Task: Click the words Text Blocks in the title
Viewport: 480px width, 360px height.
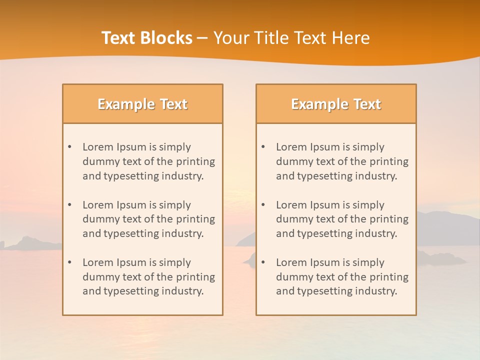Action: coord(146,38)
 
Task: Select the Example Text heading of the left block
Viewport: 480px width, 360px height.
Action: coord(142,104)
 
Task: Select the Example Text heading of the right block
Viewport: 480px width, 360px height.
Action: coord(336,104)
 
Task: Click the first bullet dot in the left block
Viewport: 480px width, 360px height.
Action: coord(69,147)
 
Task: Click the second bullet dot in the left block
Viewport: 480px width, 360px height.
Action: coord(69,205)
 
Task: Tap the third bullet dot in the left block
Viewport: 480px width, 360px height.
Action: coord(69,262)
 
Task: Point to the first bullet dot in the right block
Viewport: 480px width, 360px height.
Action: coord(263,147)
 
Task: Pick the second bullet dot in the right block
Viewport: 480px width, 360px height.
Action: coord(263,205)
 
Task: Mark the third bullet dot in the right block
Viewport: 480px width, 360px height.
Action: coord(263,262)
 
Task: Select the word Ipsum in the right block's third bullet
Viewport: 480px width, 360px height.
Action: coord(325,262)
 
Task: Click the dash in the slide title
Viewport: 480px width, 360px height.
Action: coord(202,38)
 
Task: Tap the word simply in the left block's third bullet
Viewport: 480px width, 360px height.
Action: coord(175,263)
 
